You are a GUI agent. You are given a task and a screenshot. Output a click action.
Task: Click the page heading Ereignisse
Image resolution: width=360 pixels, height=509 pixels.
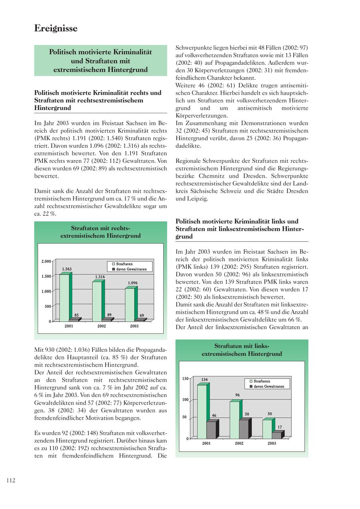(56, 28)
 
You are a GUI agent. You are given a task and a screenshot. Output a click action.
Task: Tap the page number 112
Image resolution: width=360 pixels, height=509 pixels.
(11, 481)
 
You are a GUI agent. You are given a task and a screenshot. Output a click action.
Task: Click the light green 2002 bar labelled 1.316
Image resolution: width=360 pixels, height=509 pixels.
(97, 301)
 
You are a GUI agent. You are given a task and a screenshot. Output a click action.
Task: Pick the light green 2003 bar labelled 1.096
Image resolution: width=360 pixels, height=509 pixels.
(130, 305)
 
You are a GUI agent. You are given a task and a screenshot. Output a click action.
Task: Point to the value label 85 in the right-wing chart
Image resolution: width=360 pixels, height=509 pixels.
(76, 315)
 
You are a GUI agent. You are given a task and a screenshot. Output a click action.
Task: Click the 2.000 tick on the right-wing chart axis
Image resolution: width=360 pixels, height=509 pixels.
(46, 261)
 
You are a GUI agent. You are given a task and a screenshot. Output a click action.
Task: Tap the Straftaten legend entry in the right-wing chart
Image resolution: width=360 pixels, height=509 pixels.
(124, 264)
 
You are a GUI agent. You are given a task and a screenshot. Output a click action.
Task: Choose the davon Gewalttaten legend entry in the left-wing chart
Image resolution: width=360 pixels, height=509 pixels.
(268, 387)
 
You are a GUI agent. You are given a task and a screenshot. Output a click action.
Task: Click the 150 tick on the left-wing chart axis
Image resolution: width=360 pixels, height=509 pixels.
(185, 379)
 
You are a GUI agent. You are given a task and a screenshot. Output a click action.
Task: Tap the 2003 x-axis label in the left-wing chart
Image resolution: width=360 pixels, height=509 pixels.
(272, 443)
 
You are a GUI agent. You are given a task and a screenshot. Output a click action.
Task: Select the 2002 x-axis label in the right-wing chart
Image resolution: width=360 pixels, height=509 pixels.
(102, 326)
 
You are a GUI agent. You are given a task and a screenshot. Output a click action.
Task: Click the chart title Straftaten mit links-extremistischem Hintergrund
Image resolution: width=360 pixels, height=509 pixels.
(242, 350)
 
